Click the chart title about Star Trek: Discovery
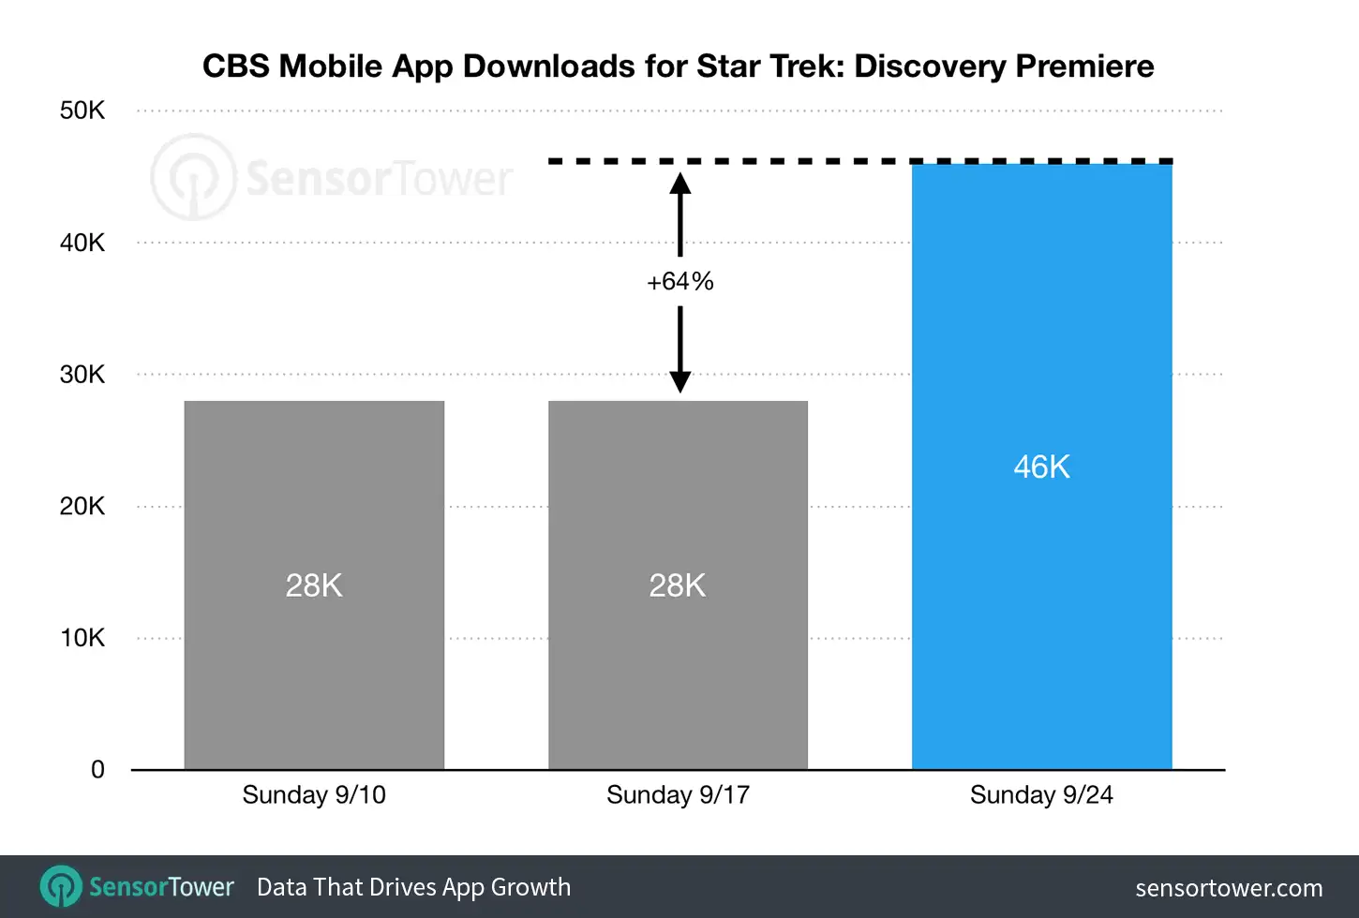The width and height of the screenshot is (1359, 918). click(678, 67)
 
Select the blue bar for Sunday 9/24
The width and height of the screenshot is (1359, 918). click(1041, 609)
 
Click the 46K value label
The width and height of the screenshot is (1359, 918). click(1041, 466)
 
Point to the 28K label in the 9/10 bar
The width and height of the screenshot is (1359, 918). click(314, 585)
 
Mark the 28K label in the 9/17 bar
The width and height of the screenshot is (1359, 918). click(678, 585)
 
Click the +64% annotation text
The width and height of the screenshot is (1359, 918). click(680, 281)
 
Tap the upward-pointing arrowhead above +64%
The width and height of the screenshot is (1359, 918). click(680, 184)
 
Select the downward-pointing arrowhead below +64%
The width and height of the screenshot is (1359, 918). click(680, 381)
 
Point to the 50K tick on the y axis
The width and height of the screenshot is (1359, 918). click(82, 111)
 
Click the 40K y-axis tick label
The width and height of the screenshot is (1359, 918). click(82, 243)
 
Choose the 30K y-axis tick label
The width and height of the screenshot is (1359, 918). click(82, 375)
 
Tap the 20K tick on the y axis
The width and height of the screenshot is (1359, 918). click(82, 507)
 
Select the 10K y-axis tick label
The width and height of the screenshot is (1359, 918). click(82, 638)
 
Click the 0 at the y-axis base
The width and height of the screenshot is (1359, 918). click(97, 770)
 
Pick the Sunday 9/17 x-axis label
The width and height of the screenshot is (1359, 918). click(678, 795)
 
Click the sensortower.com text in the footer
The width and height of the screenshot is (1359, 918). click(1229, 888)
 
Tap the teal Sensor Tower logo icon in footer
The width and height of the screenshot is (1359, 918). click(62, 886)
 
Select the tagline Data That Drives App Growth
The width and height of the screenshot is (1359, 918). click(413, 887)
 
